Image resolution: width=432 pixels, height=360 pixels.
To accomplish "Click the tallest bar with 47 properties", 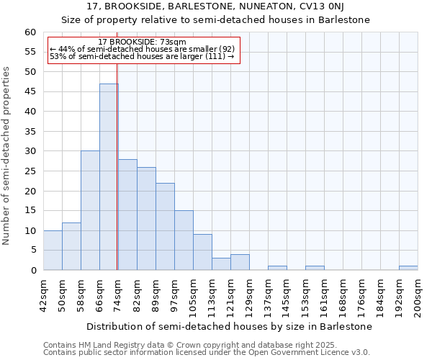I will (x=109, y=176).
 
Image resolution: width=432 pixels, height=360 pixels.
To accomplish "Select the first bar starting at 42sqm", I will (x=53, y=250).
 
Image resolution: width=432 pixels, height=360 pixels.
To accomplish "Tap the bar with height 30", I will (x=90, y=210).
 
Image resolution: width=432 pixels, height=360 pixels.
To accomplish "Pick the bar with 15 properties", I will (x=184, y=240).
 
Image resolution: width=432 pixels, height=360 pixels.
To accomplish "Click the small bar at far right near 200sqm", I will (x=408, y=268).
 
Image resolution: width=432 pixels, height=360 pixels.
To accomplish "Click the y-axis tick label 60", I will (x=30, y=32).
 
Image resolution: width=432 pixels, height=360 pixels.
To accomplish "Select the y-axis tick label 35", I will (x=30, y=132).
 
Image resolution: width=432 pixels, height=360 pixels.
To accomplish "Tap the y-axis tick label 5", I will (x=33, y=251).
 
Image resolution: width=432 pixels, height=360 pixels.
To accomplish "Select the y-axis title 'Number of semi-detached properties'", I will (x=6, y=156).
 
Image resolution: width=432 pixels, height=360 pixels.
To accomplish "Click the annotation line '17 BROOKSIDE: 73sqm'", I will (x=142, y=42).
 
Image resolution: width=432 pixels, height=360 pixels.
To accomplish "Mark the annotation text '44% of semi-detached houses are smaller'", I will (x=142, y=49).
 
